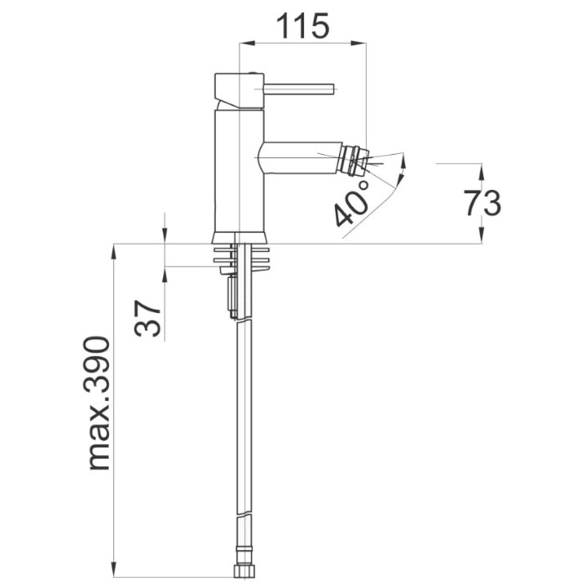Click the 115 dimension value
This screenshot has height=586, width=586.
(x=302, y=26)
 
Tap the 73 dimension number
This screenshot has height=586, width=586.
(x=482, y=203)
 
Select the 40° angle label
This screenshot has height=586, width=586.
(x=352, y=203)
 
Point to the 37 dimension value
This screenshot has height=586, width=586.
(x=147, y=318)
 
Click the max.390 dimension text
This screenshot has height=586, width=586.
(x=98, y=404)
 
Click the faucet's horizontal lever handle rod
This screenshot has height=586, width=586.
(x=299, y=90)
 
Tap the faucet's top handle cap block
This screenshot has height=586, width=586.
(x=239, y=90)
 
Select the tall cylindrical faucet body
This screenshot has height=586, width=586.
(x=239, y=171)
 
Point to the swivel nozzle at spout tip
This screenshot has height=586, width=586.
(x=356, y=161)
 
